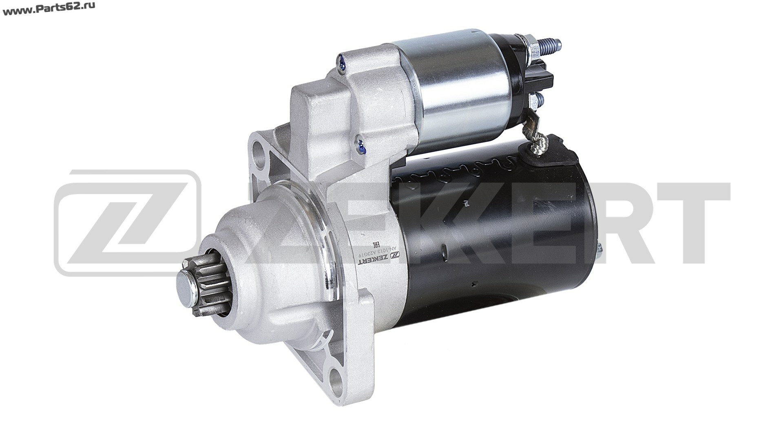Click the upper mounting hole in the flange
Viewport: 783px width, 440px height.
[261, 151]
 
